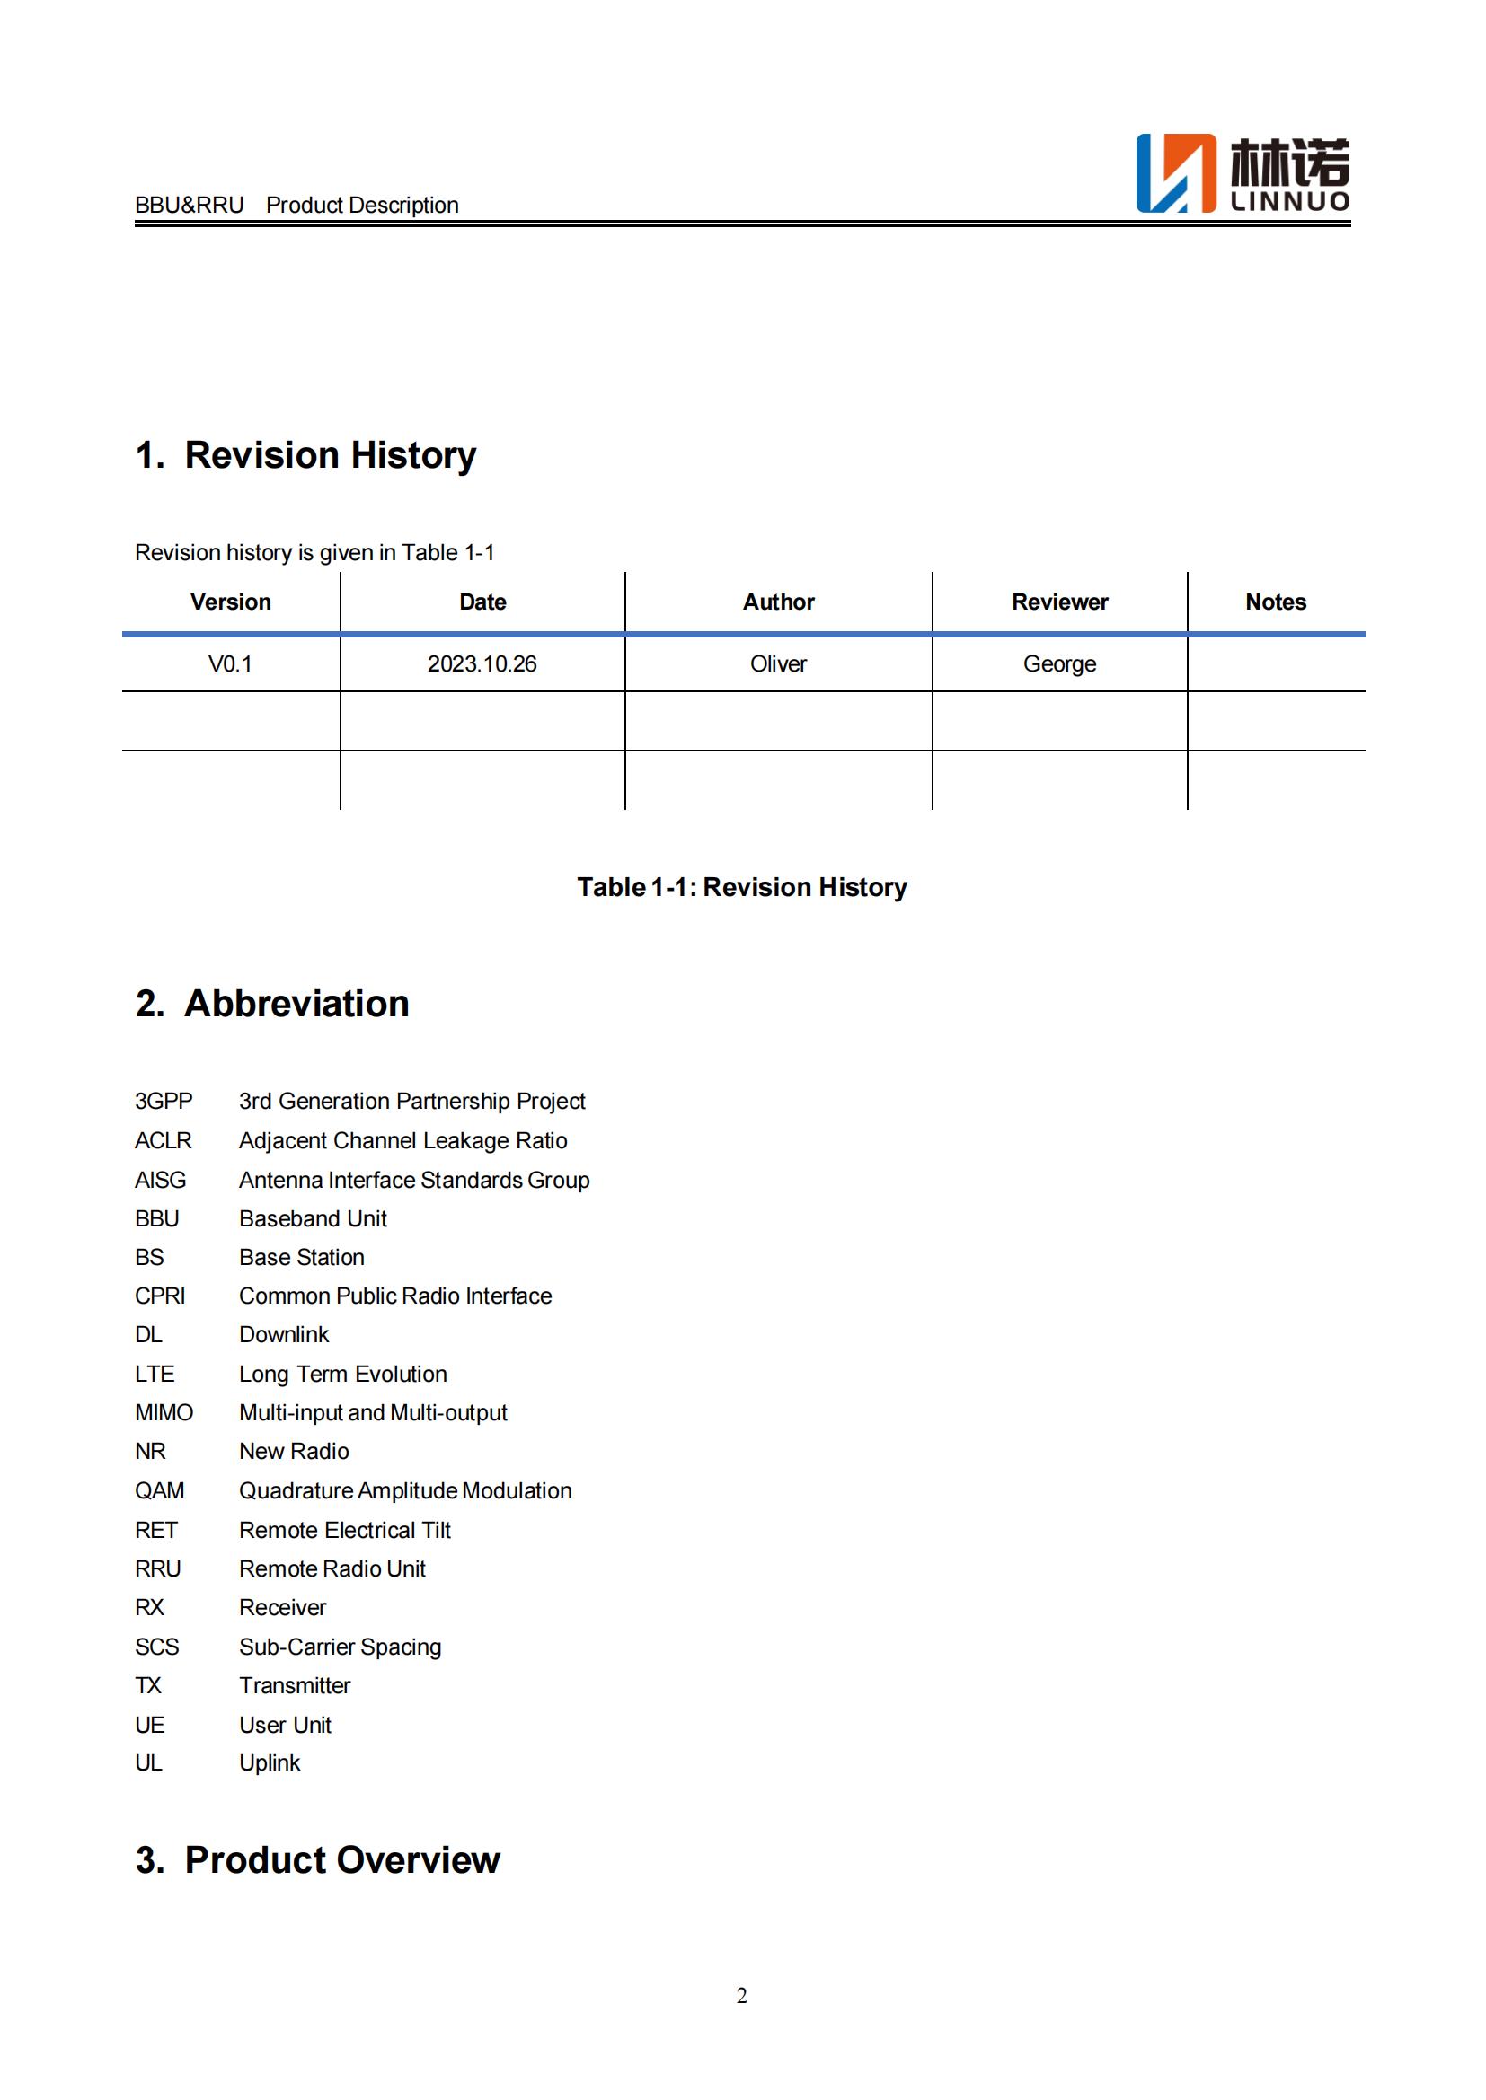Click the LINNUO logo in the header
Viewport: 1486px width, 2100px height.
[x=1242, y=174]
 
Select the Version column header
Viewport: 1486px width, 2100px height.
[x=231, y=602]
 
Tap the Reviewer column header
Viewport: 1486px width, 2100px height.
[x=1059, y=602]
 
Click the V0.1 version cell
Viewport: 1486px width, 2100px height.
[x=231, y=664]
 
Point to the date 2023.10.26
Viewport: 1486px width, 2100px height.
[x=482, y=664]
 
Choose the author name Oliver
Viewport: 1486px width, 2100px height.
[x=779, y=664]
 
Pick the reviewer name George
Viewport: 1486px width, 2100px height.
[x=1059, y=664]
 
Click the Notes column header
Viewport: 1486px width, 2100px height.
[x=1276, y=602]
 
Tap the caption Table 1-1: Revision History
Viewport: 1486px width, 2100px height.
[x=742, y=887]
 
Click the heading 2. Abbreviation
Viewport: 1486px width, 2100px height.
[x=273, y=1004]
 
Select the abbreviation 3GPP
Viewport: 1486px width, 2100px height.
[x=164, y=1102]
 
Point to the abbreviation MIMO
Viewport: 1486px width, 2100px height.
[x=164, y=1413]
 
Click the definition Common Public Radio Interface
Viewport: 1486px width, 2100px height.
[x=395, y=1296]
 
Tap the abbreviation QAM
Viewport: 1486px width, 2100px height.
[x=160, y=1491]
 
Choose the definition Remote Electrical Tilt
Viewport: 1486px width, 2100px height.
[x=345, y=1530]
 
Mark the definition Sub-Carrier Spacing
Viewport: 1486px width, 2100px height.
[x=341, y=1647]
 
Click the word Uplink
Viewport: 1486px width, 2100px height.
[x=270, y=1763]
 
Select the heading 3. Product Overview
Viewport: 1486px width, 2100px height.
[x=318, y=1860]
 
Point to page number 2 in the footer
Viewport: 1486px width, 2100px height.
[x=742, y=1996]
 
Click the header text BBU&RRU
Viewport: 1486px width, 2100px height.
[x=190, y=205]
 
